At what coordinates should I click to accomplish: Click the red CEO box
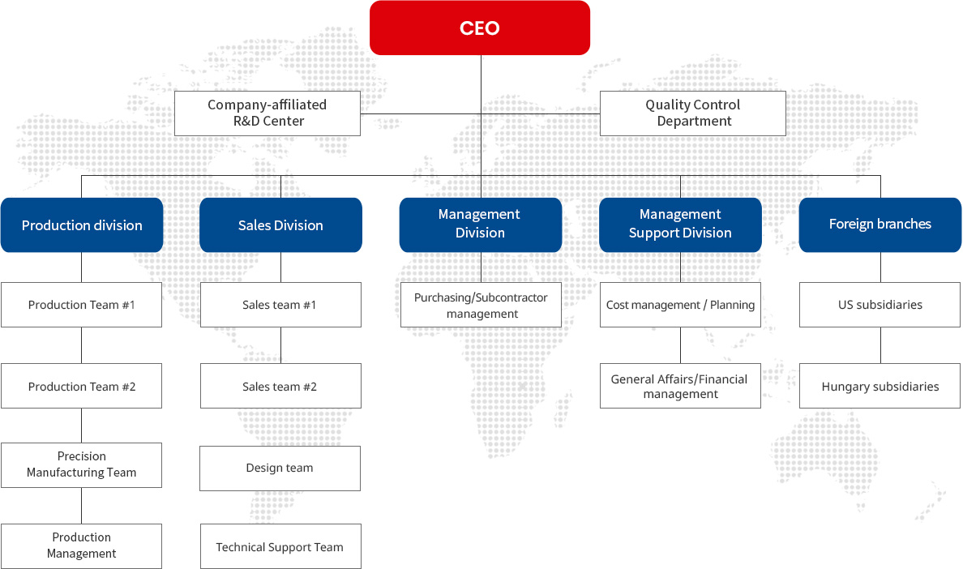(480, 28)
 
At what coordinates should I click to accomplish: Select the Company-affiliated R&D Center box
(267, 113)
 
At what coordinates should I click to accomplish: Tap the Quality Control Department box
(693, 113)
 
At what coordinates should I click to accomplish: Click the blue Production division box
(82, 225)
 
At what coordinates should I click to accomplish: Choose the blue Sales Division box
(280, 225)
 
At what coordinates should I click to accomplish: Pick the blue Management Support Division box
(680, 225)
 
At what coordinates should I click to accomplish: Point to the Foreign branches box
(880, 225)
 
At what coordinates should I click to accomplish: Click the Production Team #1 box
(82, 305)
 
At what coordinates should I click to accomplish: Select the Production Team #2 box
(82, 386)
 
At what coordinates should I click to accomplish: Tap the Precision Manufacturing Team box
(82, 465)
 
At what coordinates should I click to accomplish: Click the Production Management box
(82, 546)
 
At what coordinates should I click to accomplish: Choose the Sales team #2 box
(280, 386)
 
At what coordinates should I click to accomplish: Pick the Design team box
(280, 468)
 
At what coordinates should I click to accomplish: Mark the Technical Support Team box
(280, 546)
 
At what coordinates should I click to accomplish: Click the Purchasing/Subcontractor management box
(481, 305)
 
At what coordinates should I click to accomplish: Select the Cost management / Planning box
(680, 305)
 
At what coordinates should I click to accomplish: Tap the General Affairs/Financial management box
(680, 386)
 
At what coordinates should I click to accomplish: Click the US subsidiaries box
(880, 305)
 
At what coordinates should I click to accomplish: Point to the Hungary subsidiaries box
(880, 386)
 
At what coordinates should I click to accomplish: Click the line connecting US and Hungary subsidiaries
(880, 345)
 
